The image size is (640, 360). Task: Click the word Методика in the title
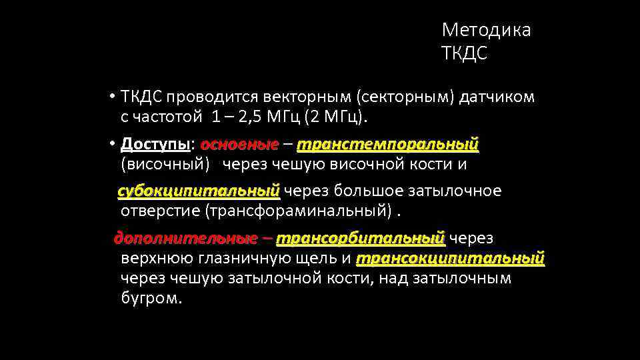[x=486, y=31]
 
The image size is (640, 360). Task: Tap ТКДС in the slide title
[x=465, y=53]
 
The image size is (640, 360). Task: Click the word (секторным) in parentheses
[x=406, y=98]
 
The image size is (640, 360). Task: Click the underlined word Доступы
[x=156, y=145]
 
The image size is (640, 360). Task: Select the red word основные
[x=239, y=145]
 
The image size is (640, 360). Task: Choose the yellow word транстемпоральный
[x=388, y=145]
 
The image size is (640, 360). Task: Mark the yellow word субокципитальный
[x=199, y=191]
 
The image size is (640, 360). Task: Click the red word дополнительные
[x=185, y=238]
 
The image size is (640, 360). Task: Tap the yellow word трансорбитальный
[x=360, y=238]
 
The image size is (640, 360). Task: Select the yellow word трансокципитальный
[x=450, y=258]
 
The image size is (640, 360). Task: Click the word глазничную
[x=253, y=259]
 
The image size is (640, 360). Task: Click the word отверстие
[x=160, y=211]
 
